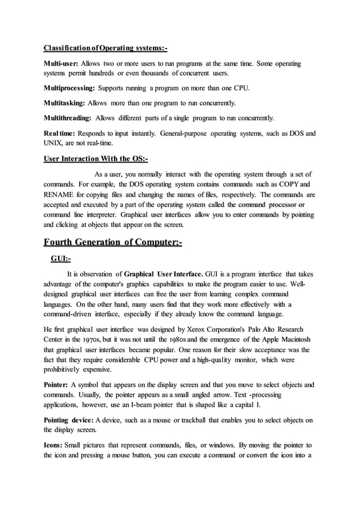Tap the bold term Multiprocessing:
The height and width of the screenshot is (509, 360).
[69, 89]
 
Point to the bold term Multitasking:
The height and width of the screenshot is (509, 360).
[64, 104]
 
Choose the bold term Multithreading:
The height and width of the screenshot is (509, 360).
[68, 119]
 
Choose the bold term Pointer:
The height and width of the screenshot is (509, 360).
[56, 384]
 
